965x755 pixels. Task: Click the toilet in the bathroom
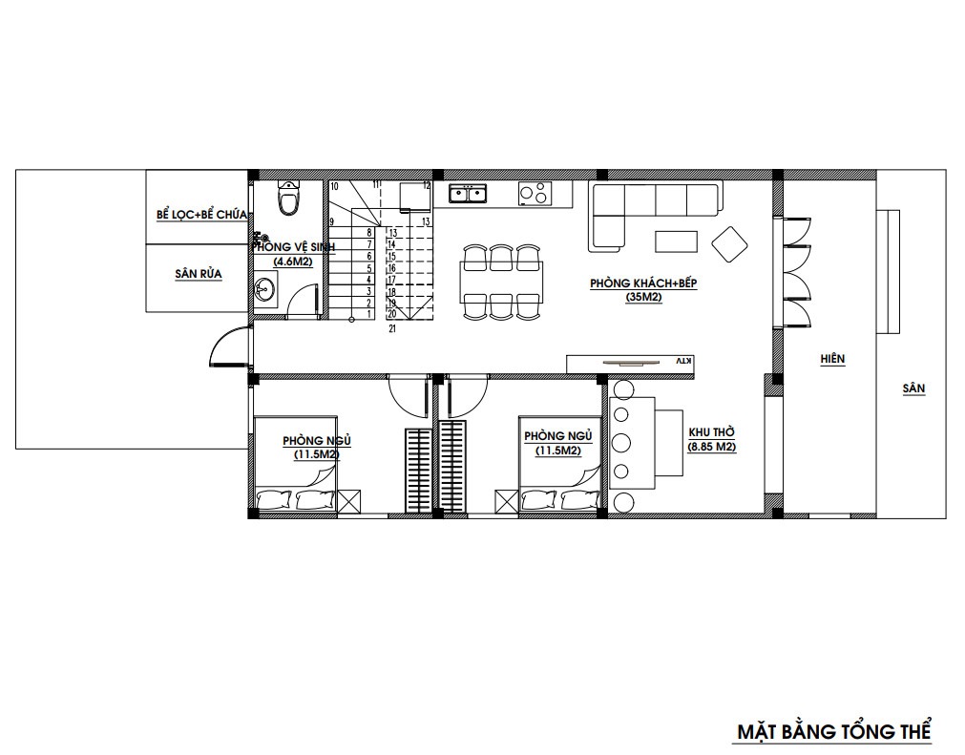[x=288, y=197]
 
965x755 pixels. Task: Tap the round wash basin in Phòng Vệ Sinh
[x=265, y=288]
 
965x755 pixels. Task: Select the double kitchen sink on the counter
[x=468, y=194]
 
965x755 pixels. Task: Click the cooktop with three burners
[x=535, y=193]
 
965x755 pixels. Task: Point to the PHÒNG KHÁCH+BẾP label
[x=643, y=283]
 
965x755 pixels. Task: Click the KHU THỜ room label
[x=711, y=432]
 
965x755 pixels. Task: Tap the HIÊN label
[x=832, y=359]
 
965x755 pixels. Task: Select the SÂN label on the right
[x=913, y=388]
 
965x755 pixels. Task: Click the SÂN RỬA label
[x=199, y=274]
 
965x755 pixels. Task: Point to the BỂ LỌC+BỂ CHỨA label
[x=201, y=215]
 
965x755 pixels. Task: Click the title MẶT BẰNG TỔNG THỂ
[x=834, y=732]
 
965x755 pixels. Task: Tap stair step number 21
[x=392, y=329]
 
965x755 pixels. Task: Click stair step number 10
[x=334, y=186]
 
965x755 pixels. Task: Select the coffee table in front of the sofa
[x=677, y=241]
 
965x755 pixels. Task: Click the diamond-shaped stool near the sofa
[x=729, y=245]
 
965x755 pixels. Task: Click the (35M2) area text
[x=643, y=297]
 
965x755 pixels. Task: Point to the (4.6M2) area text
[x=293, y=262]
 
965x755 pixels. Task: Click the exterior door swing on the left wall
[x=228, y=347]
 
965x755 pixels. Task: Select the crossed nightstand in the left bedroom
[x=349, y=500]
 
